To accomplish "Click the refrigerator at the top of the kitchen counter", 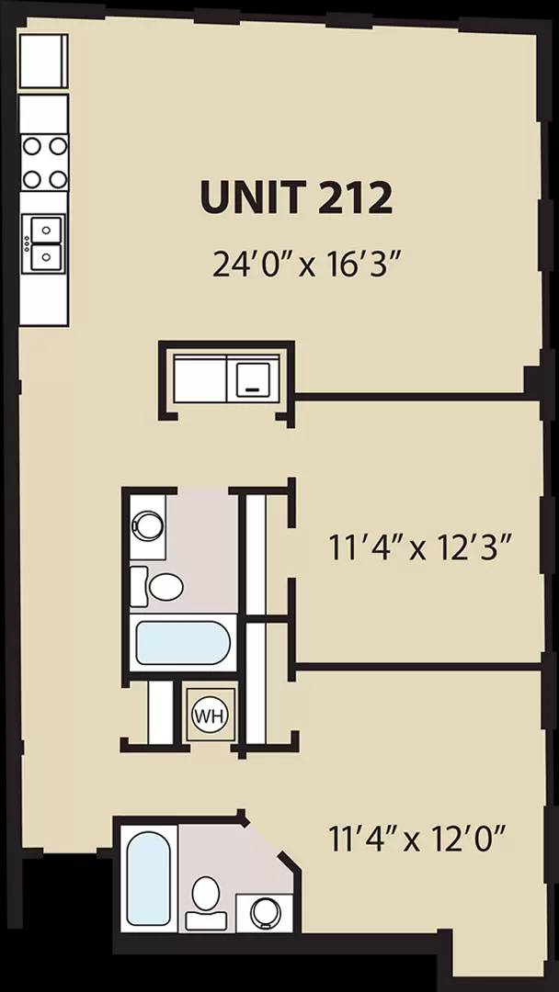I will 43,61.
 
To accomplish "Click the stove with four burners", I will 44,161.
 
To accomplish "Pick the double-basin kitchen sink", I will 44,241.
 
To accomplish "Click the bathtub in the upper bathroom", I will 182,643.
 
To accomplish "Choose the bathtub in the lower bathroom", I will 147,880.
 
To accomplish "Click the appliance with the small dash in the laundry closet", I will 255,377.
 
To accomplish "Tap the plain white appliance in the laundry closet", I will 201,377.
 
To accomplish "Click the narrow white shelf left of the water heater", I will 161,712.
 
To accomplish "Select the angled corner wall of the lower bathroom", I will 272,841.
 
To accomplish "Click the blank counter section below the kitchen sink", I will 43,299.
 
